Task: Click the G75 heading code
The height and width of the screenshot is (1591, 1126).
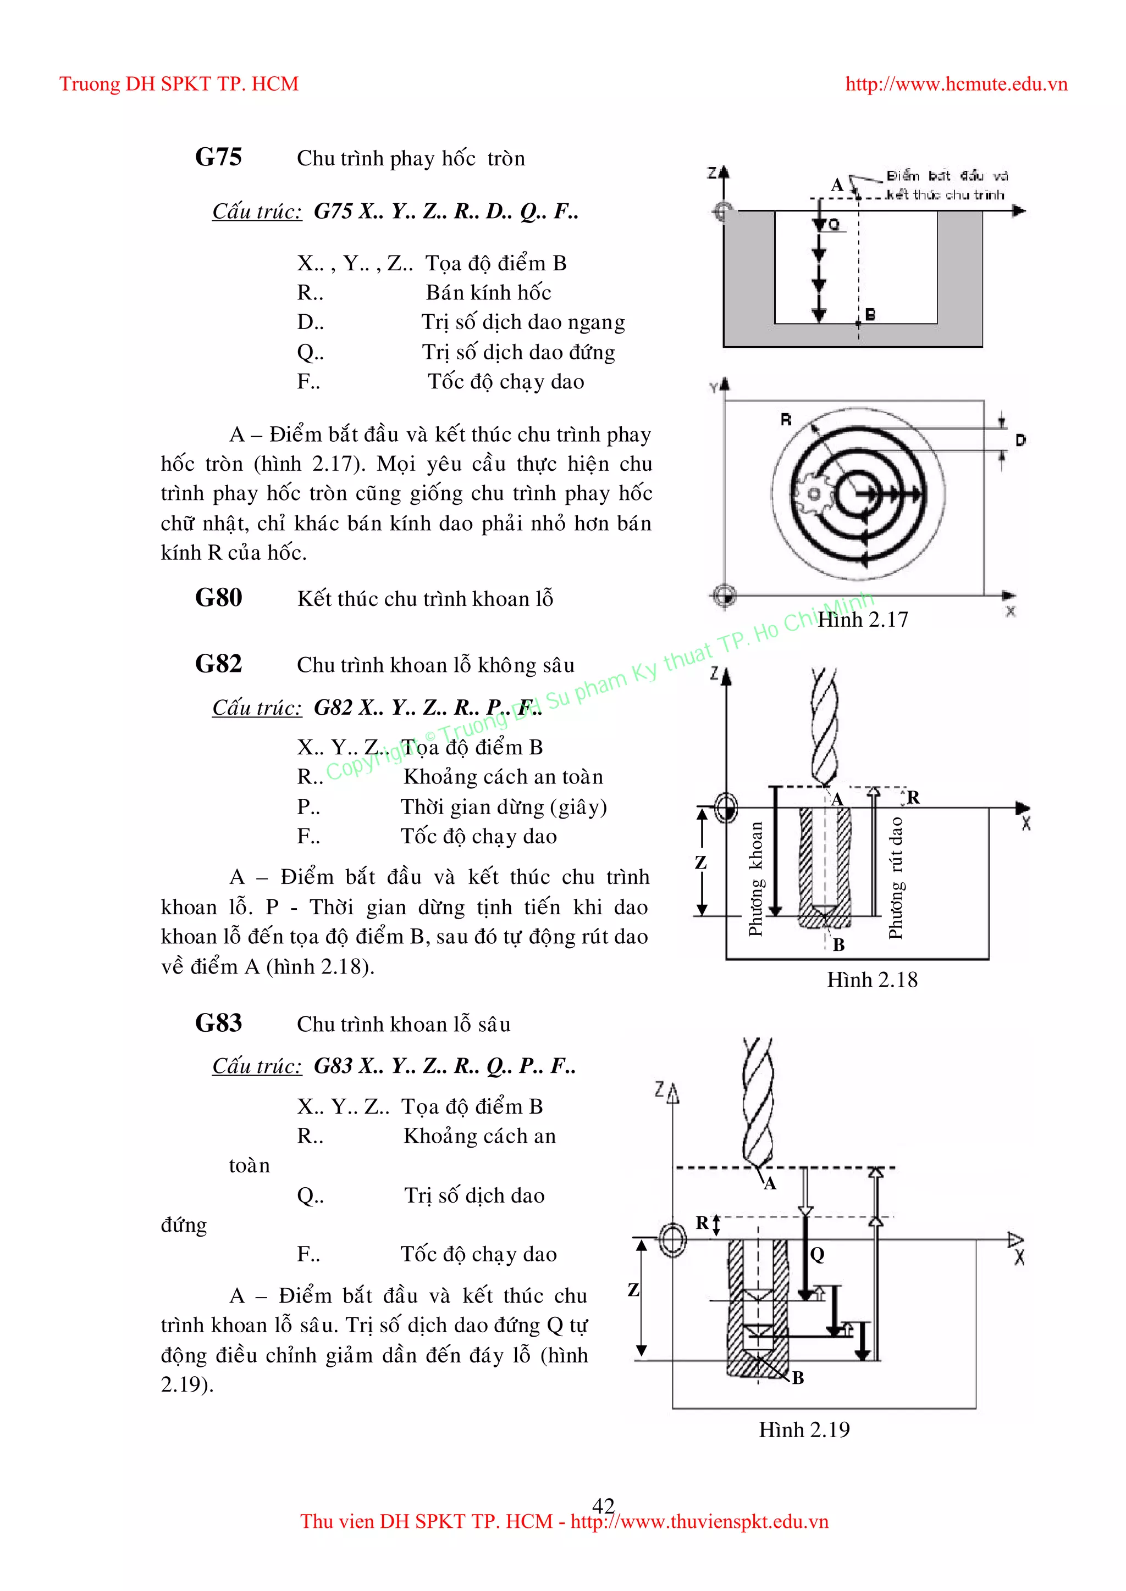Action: point(218,157)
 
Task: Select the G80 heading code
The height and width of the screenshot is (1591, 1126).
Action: point(218,597)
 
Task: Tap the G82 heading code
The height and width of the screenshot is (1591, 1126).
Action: point(218,664)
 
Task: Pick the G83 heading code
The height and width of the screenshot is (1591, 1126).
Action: point(218,1023)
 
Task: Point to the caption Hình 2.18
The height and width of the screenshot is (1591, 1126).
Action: point(871,980)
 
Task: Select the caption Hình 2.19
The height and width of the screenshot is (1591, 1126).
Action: point(804,1429)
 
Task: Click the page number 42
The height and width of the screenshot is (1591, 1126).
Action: point(603,1505)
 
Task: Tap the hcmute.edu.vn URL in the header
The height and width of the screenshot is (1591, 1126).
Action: point(956,84)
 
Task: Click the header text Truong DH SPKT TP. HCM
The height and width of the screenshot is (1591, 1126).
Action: point(179,84)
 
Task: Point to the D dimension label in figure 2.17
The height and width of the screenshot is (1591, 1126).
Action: point(1020,440)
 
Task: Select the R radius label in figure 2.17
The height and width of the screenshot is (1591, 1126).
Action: point(786,419)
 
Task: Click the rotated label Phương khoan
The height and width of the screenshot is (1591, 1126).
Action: point(756,878)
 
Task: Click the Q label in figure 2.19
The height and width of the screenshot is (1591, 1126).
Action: point(818,1254)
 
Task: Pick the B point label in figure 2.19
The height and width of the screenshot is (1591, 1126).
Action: point(798,1378)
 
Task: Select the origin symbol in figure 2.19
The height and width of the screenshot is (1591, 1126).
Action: point(672,1239)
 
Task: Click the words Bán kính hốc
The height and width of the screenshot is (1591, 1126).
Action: point(488,292)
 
